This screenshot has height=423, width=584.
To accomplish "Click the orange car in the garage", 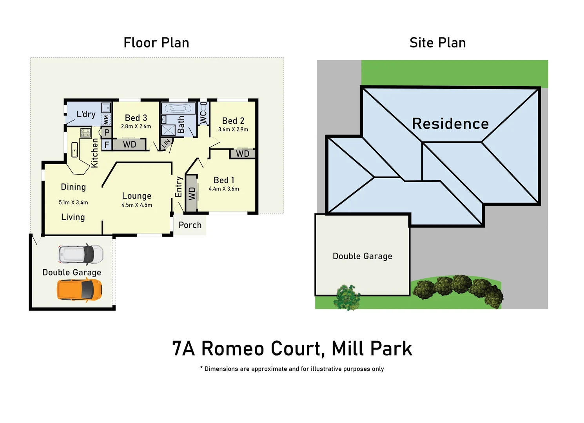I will click(80, 290).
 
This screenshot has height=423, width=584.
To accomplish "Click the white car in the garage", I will click(81, 254).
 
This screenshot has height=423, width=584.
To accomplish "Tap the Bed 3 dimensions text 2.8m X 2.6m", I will click(136, 127).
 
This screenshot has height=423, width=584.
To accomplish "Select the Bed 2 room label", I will click(233, 121).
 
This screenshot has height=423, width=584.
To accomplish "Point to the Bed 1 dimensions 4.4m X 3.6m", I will click(224, 189).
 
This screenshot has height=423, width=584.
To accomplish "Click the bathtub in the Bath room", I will click(178, 108).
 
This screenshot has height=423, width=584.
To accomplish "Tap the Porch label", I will click(190, 225).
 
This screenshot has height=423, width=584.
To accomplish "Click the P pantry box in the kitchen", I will click(107, 132).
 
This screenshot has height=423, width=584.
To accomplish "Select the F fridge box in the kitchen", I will click(107, 145).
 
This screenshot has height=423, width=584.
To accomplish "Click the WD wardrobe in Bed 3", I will click(129, 145).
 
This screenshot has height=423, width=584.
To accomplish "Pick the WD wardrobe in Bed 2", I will click(243, 154).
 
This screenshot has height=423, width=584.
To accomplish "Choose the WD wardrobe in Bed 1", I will click(192, 193).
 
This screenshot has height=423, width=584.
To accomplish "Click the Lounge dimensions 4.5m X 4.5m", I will click(137, 205).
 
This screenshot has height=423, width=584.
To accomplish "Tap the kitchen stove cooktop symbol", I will click(85, 132).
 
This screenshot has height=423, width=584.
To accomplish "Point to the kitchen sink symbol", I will click(74, 150).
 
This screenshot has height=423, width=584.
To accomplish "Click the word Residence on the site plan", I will click(450, 124).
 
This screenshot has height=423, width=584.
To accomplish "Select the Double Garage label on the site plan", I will click(363, 256).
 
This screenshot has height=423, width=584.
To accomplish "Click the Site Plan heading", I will click(437, 43).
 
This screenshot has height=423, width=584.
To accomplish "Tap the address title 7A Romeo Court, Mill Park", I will click(292, 349).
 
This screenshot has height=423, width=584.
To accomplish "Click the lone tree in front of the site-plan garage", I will click(347, 297).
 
